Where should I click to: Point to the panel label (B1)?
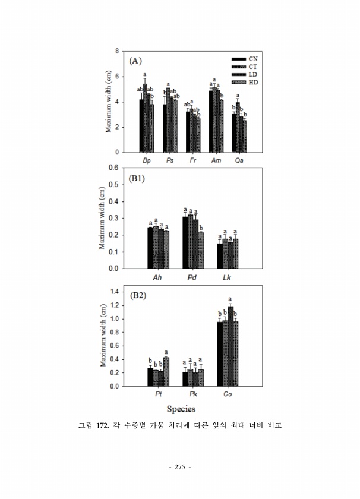(x=138, y=178)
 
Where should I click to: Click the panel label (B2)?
(x=138, y=295)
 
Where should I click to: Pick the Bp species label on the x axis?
(x=146, y=161)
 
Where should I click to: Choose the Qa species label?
(x=239, y=161)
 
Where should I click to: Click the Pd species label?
(x=192, y=277)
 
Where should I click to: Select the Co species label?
(x=228, y=395)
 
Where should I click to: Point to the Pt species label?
(x=158, y=395)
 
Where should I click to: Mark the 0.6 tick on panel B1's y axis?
(x=113, y=168)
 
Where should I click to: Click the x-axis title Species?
(x=181, y=409)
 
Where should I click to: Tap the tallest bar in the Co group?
(x=230, y=346)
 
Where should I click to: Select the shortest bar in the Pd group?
(x=201, y=250)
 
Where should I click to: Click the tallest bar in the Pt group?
(x=166, y=371)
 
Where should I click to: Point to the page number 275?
(x=179, y=468)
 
